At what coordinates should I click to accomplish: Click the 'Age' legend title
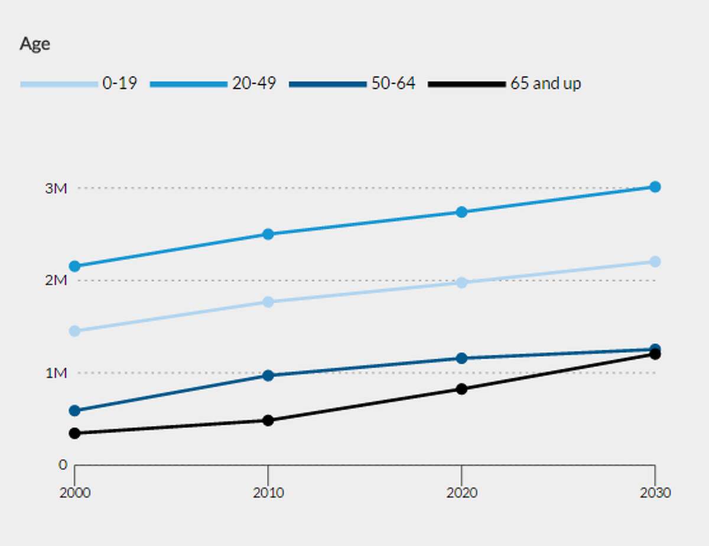point(35,44)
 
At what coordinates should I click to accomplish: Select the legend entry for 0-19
point(119,83)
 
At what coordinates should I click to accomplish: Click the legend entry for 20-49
point(253,83)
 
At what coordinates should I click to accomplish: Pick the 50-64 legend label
point(393,83)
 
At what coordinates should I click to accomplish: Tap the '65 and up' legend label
point(545,83)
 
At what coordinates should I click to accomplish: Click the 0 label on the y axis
point(63,465)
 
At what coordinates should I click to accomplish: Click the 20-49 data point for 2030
point(655,187)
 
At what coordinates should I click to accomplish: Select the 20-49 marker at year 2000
point(74,266)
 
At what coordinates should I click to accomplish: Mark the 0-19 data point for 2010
point(268,302)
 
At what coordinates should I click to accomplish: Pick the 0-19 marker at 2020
point(461,282)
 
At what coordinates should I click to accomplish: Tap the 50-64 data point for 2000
point(74,411)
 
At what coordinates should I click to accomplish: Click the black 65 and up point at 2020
point(461,389)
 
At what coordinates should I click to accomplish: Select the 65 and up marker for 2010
point(268,421)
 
